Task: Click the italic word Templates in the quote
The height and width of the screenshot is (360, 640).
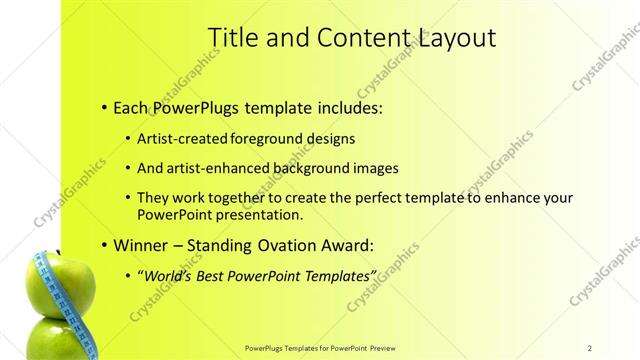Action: (337, 274)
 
